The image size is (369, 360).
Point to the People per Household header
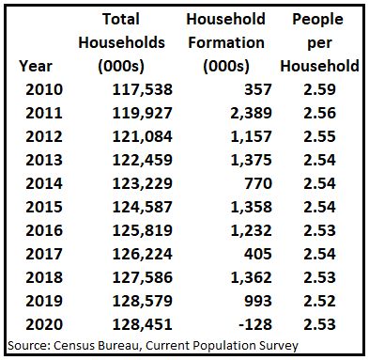325,42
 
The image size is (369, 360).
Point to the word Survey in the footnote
276,345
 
